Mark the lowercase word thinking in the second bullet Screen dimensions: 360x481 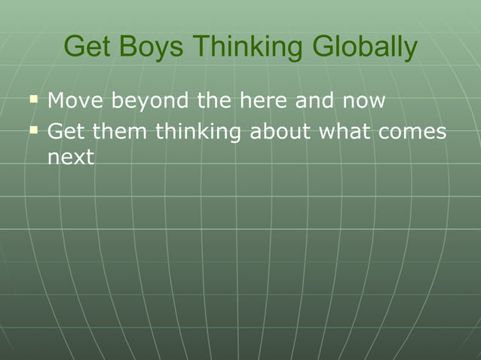pyautogui.click(x=198, y=133)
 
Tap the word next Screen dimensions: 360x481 pyautogui.click(x=70, y=159)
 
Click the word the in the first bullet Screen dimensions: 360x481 pyautogui.click(x=213, y=99)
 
